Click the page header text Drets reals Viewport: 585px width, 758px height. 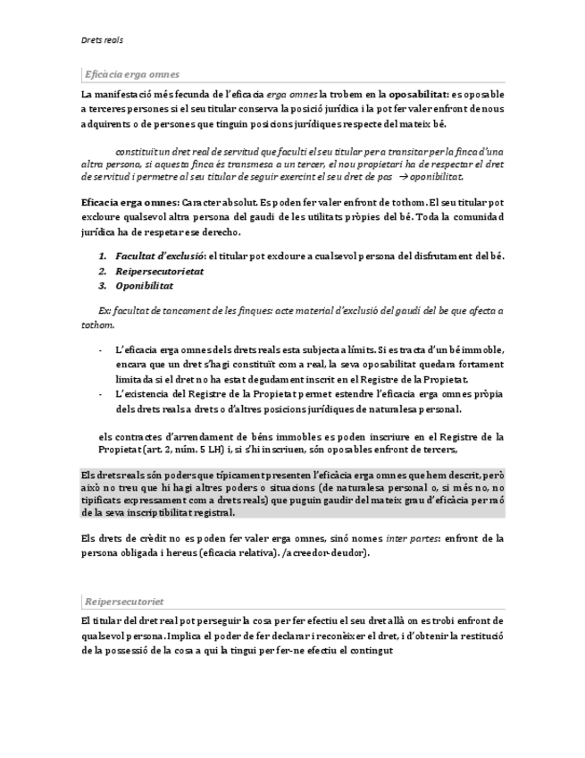coord(101,40)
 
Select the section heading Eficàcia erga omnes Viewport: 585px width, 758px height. coord(131,74)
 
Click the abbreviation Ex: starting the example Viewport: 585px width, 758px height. coord(104,310)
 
